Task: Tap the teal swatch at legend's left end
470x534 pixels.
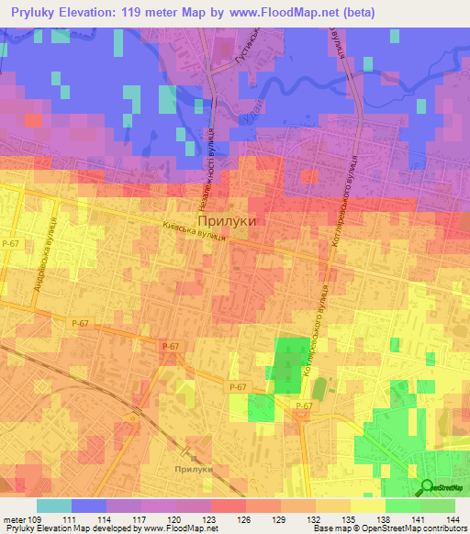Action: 54,506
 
